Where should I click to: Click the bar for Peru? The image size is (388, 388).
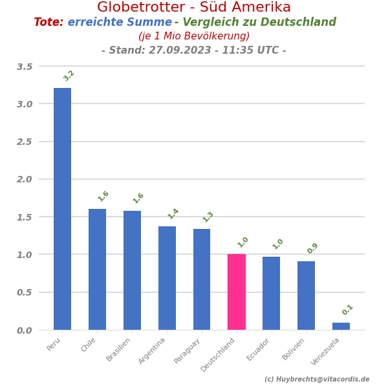[x=62, y=209]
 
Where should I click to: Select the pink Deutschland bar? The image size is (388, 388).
[x=237, y=292]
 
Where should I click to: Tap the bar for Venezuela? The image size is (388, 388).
[x=341, y=326]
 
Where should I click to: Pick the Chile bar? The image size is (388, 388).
[x=97, y=269]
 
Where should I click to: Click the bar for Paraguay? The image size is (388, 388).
[x=202, y=279]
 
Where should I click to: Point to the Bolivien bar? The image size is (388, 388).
[x=306, y=296]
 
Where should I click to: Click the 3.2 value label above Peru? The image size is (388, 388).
[x=69, y=76]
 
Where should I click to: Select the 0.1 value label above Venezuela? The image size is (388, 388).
[x=347, y=310]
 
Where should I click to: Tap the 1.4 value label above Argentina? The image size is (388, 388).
[x=173, y=213]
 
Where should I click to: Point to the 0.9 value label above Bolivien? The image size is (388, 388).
[x=312, y=248]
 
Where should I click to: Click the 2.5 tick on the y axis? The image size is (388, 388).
[x=25, y=142]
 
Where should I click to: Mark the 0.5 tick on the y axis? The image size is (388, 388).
[x=25, y=292]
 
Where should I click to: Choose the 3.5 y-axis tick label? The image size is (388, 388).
[x=25, y=67]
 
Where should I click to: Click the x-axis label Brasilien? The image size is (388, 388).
[x=119, y=349]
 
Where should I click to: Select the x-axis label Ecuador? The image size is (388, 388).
[x=259, y=349]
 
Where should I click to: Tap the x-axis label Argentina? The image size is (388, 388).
[x=153, y=350]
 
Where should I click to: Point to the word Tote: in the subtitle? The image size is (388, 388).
[x=48, y=23]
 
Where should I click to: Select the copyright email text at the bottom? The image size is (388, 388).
[x=317, y=380]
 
